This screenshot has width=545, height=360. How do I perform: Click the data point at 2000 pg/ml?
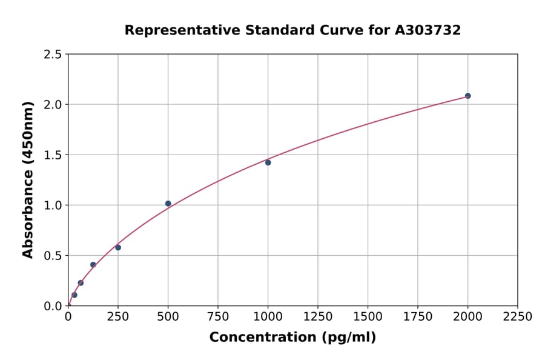point(467,96)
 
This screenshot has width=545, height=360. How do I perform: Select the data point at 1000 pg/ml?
point(268,162)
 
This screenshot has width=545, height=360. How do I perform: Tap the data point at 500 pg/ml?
point(168,204)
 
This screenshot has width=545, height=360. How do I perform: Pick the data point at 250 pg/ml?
point(118,247)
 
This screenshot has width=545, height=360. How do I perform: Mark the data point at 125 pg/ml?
point(93,265)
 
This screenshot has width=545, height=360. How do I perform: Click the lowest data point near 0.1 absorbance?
point(74,295)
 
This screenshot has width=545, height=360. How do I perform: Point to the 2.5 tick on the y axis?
point(53,55)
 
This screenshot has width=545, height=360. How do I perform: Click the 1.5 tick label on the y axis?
point(53,155)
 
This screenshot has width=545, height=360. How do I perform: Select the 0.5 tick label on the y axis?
point(53,256)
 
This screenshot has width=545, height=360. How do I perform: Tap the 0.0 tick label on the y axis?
point(53,306)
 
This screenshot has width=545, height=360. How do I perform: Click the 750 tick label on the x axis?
point(218,317)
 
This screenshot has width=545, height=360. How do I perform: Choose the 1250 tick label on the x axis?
point(318,317)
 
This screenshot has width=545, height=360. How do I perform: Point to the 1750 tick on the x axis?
point(418,317)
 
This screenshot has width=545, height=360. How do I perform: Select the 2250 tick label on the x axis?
point(518,317)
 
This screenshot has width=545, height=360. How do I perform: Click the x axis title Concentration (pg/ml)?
point(292,338)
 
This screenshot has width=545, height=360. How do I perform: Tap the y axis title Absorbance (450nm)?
point(28,179)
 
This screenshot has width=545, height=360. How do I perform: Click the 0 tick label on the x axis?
point(68,317)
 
